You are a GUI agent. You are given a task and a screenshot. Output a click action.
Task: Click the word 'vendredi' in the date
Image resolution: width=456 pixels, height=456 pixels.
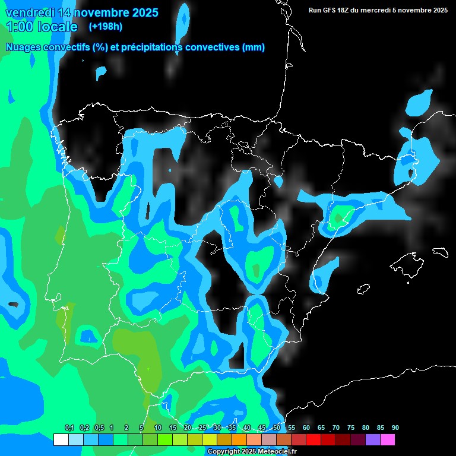pos(28,12)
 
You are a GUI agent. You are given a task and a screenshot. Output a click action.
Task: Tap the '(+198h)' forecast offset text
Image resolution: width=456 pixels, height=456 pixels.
pos(105,26)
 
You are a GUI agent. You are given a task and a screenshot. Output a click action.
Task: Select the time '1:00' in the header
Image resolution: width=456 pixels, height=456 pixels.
pos(20,27)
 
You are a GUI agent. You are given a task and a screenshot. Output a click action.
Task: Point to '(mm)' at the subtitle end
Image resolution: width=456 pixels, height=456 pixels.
pos(254,47)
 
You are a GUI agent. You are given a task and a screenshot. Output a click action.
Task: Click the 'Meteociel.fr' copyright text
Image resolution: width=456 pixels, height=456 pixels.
pos(275,452)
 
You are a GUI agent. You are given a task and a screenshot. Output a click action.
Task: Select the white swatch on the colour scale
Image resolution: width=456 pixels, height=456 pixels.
pos(61,439)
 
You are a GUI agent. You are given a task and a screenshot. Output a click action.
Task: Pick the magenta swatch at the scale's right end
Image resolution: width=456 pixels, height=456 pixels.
pos(388,439)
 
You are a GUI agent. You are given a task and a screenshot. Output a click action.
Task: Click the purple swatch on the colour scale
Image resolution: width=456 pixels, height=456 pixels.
pos(373,439)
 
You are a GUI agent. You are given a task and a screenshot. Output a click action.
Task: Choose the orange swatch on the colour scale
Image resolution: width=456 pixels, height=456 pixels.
pos(239,439)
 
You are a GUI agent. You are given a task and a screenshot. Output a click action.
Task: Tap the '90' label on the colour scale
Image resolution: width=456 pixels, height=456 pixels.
pos(395,428)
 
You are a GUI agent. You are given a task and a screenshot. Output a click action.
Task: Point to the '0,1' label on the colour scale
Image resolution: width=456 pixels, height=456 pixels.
pos(69,428)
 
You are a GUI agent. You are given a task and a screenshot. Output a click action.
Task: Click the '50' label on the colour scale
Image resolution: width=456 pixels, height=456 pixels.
pos(277,428)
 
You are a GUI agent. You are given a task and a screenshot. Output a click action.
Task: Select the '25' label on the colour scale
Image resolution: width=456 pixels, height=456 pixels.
pos(202,428)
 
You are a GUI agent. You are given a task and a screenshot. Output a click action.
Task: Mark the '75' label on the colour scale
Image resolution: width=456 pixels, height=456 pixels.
pos(351,428)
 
